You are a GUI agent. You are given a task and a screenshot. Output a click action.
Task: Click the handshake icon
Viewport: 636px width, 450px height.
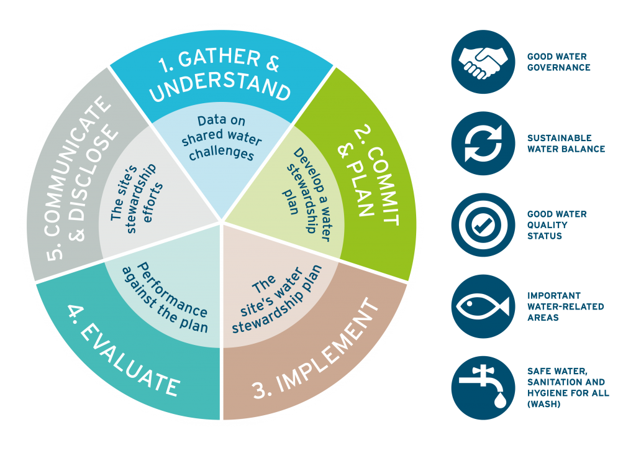coord(483,61)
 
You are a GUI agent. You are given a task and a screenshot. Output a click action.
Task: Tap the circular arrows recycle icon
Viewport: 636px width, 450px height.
coord(483,144)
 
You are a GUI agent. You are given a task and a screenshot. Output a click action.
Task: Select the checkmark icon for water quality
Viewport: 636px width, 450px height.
coord(483,226)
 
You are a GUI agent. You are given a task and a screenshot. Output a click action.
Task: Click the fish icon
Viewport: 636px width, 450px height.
coord(483,306)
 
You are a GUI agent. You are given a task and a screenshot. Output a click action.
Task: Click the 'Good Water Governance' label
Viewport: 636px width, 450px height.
coord(558,62)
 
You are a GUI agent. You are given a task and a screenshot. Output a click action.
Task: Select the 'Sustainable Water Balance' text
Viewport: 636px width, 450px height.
coord(565,144)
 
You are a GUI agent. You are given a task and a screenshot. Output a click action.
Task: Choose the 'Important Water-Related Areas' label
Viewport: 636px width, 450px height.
coord(565,306)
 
